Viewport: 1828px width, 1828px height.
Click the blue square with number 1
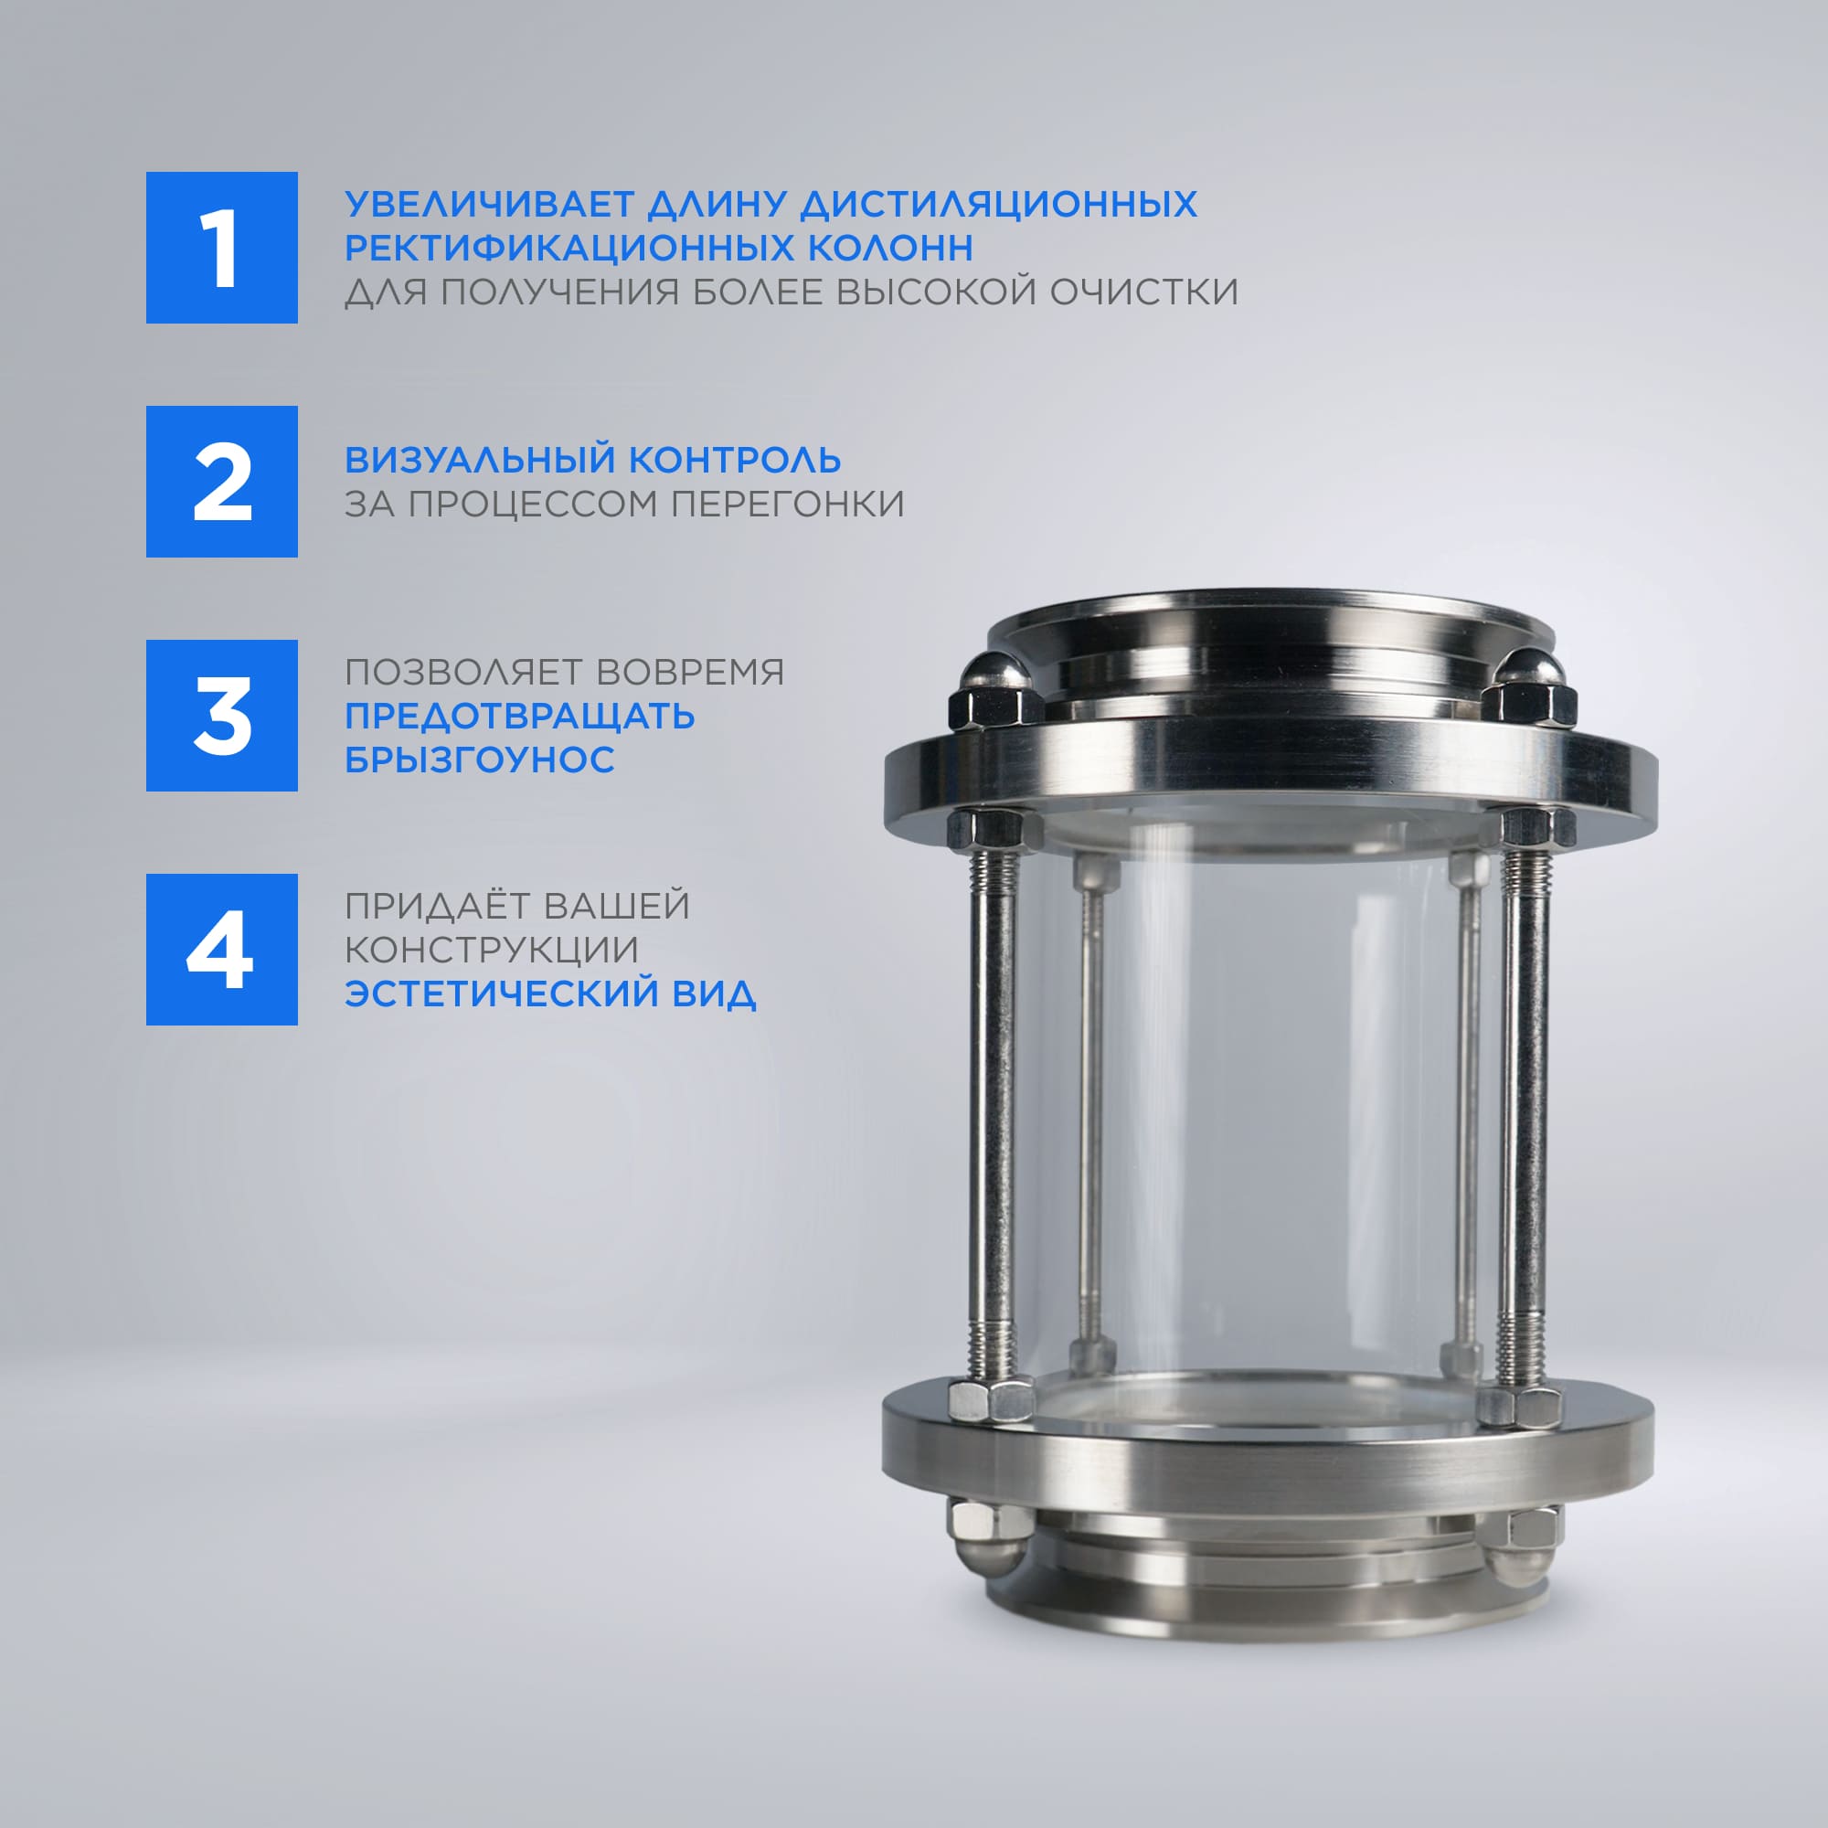tap(221, 247)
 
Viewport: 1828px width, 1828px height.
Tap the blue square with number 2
tap(221, 482)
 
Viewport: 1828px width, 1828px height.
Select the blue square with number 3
tap(221, 716)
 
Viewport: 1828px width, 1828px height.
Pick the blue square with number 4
tap(221, 949)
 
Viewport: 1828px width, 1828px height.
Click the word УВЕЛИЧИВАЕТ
tap(489, 205)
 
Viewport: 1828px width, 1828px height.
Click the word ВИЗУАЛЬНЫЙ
tap(480, 460)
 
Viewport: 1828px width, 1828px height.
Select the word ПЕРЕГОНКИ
tap(787, 504)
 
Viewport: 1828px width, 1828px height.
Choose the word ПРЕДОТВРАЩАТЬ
tap(519, 717)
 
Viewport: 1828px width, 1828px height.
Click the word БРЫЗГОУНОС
tap(480, 760)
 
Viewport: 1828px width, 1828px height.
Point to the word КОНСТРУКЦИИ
tap(491, 950)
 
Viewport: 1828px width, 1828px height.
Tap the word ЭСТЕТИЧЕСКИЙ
tap(502, 994)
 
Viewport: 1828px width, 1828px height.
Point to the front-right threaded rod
tap(1525, 1117)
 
